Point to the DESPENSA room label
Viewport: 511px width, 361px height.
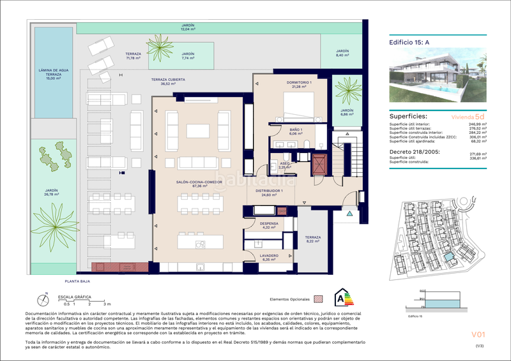coord(268,225)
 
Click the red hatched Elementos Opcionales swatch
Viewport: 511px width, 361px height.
coord(319,298)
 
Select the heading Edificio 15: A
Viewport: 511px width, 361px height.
coord(409,42)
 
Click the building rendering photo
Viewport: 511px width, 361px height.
coord(438,75)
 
